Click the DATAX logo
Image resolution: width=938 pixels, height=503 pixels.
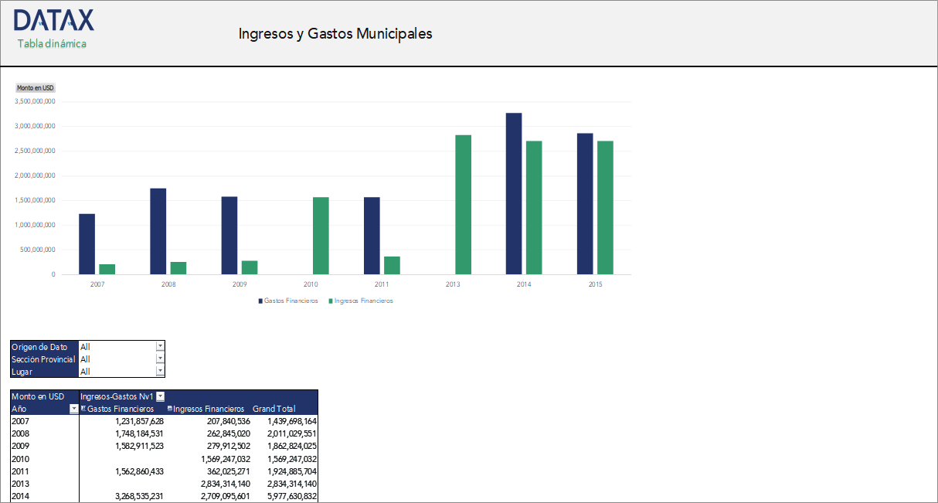(54, 20)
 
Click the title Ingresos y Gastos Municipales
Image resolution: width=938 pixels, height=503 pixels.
(335, 34)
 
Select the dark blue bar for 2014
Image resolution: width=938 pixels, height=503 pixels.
(514, 193)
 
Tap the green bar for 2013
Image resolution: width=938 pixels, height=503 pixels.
(463, 204)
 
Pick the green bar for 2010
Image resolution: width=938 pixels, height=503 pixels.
(321, 236)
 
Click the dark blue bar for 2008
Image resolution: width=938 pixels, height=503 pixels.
(158, 231)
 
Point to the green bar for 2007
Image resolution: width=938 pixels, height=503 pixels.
(107, 269)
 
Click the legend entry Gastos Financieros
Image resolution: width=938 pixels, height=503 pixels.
(287, 301)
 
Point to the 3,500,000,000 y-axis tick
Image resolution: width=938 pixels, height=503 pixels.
(36, 101)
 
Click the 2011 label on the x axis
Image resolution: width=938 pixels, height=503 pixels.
(382, 285)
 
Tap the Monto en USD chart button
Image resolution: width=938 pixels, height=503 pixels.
(36, 88)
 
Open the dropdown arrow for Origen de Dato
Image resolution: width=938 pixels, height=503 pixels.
(160, 347)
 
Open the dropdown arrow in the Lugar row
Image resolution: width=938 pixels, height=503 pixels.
(160, 372)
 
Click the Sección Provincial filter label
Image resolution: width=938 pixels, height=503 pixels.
(43, 359)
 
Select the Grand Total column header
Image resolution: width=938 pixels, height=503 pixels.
(274, 409)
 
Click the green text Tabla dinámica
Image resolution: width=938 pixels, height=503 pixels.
(52, 44)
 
